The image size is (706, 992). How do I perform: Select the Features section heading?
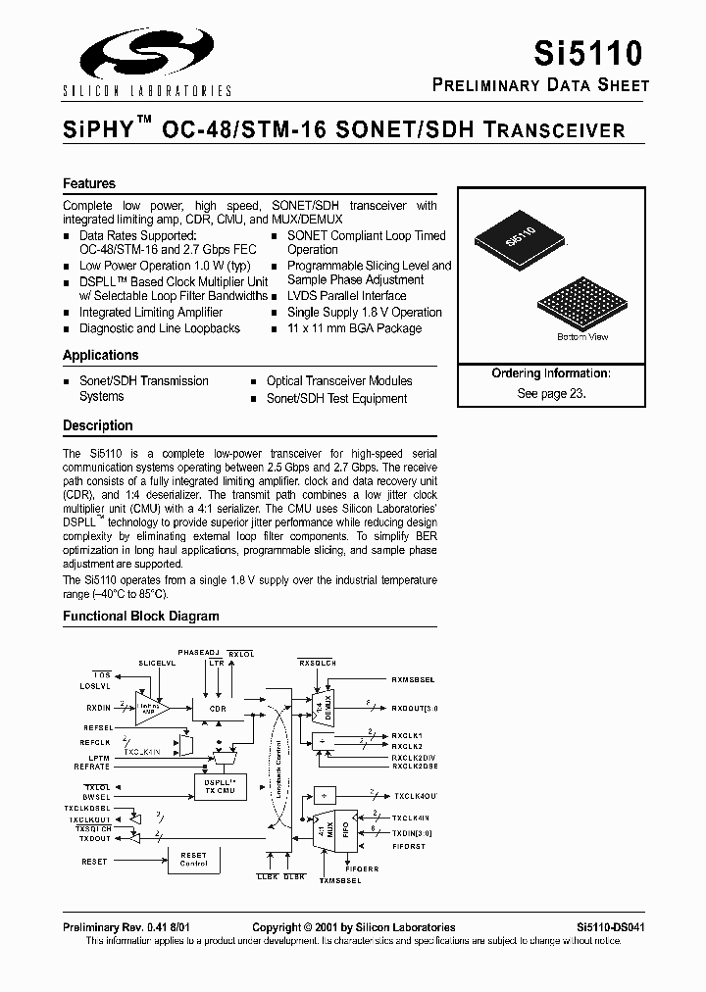[x=89, y=183]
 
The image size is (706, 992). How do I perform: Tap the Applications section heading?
[x=101, y=355]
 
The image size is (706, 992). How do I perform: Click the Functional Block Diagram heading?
[x=141, y=617]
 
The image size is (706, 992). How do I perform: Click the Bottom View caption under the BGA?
[x=582, y=337]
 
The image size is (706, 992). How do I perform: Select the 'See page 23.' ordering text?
[x=551, y=392]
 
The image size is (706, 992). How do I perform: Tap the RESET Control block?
[x=193, y=860]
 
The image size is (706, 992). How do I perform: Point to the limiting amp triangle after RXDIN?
[x=150, y=708]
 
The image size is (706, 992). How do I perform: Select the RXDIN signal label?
[x=98, y=707]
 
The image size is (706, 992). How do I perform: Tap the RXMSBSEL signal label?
[x=413, y=678]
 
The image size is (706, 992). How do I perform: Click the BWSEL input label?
[x=97, y=797]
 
